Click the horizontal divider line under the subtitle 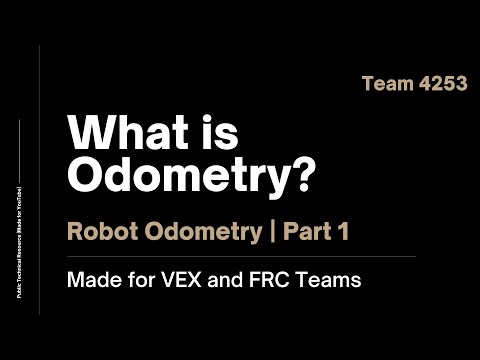pos(240,256)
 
